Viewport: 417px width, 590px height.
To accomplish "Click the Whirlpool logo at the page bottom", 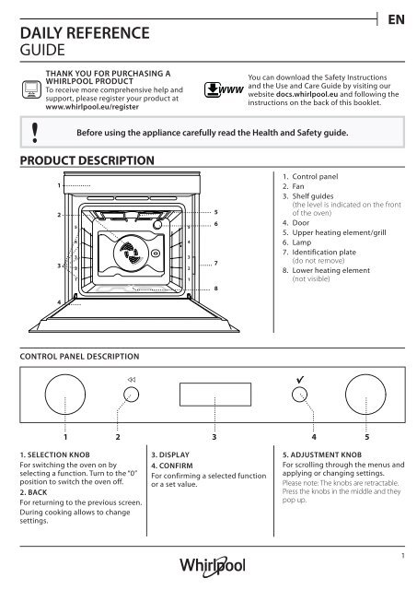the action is pos(213,566).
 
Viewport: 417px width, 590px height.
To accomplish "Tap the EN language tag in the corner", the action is pos(396,19).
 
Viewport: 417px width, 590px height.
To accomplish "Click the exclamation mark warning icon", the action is pos(35,133).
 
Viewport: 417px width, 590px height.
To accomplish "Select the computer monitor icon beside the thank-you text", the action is pos(31,89).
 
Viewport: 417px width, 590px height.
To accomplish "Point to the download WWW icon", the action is pos(224,90).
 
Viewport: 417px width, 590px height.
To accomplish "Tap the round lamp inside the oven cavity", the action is pos(157,225).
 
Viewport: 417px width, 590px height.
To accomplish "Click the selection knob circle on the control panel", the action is pos(65,395).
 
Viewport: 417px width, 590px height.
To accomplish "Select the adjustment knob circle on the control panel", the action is pos(365,395).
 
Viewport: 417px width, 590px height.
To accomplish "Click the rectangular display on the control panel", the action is pos(215,395).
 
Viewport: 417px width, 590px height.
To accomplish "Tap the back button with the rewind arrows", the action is pos(131,395).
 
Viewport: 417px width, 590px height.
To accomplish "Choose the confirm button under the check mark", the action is pos(299,395).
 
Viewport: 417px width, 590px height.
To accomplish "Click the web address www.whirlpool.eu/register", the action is pos(92,107).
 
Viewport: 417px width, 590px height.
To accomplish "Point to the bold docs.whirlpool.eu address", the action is pos(307,94).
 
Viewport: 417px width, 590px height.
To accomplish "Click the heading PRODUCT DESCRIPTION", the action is pos(87,160).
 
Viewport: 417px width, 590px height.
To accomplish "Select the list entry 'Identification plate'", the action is pos(324,252).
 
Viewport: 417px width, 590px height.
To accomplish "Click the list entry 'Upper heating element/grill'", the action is pos(339,232).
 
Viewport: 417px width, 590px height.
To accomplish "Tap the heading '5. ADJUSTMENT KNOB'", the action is pos(322,454).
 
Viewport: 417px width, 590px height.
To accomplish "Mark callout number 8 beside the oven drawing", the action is pos(216,289).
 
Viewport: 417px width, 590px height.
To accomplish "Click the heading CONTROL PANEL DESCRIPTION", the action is pos(80,357).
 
